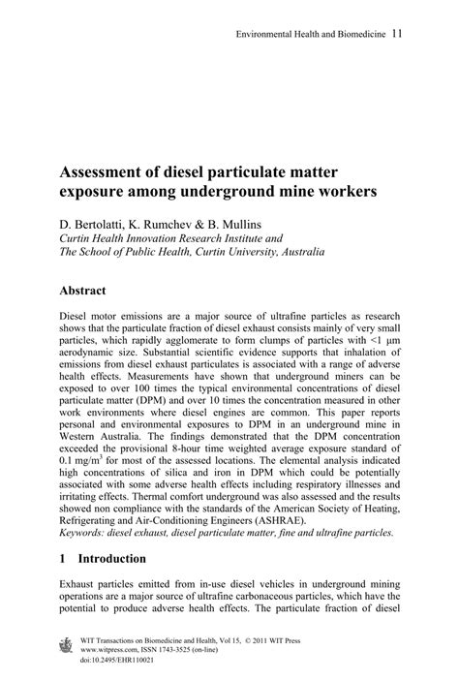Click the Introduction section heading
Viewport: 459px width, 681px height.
[x=111, y=559]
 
